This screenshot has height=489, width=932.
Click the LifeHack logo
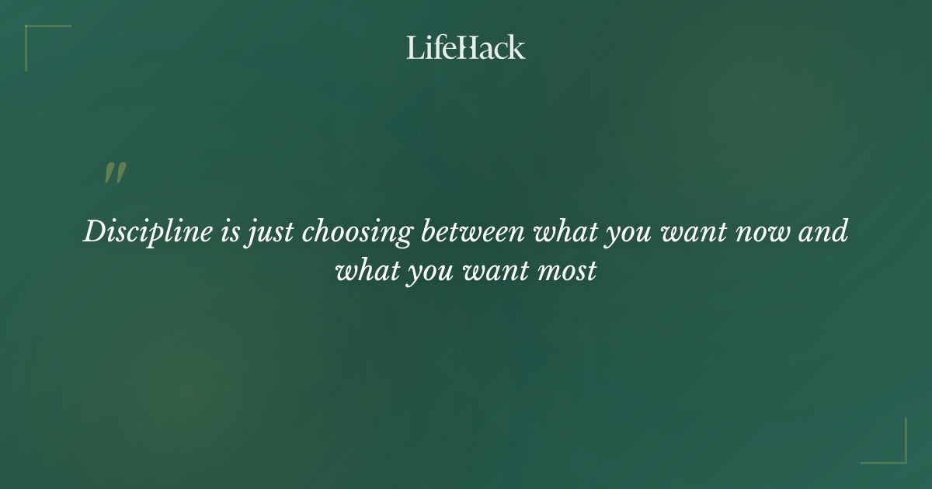coord(465,47)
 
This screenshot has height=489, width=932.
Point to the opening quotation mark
coord(115,173)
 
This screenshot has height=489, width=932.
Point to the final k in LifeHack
coord(516,47)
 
